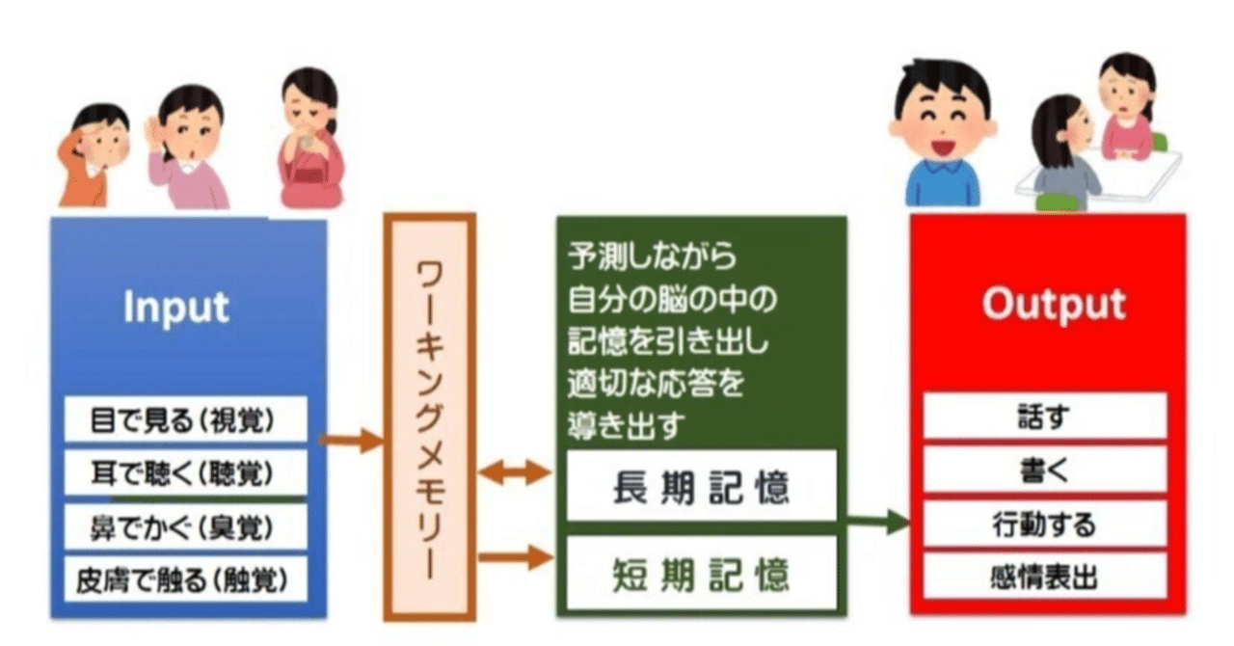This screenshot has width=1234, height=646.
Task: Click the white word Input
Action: click(x=176, y=307)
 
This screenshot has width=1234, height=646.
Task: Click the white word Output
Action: click(x=1053, y=304)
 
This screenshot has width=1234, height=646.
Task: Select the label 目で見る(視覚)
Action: click(x=183, y=421)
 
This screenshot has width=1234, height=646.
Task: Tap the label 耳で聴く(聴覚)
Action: click(x=183, y=472)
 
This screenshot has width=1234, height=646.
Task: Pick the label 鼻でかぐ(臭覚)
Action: click(x=183, y=527)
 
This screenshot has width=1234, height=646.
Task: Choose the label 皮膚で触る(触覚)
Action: click(x=183, y=580)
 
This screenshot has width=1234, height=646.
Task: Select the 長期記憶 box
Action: click(x=700, y=487)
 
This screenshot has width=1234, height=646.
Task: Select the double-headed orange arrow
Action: click(x=517, y=472)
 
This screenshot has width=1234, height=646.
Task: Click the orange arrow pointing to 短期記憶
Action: click(x=517, y=557)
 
